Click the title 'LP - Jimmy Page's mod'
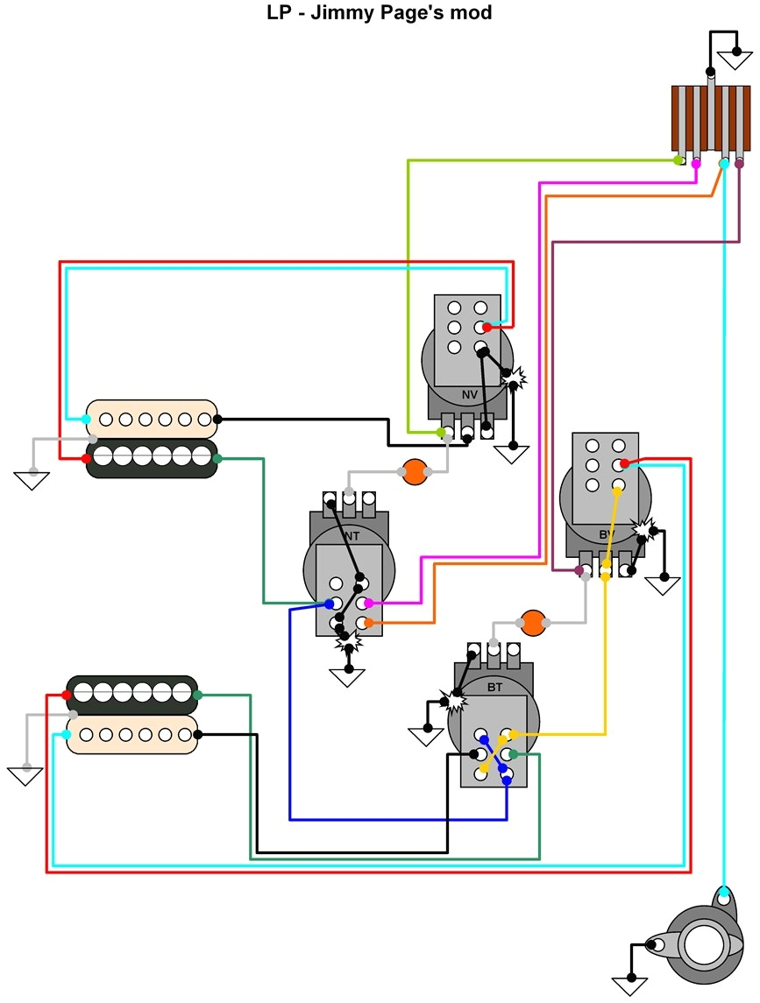(379, 13)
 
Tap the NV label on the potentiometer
(470, 394)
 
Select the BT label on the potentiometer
(494, 688)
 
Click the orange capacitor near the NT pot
(414, 472)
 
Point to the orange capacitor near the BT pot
(532, 623)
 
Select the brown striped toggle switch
(710, 117)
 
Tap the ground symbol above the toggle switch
(734, 60)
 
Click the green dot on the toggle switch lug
(678, 160)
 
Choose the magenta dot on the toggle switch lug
(696, 163)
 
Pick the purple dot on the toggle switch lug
(739, 163)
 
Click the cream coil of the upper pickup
(152, 419)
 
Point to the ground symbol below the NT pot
(348, 676)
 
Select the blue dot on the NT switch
(329, 604)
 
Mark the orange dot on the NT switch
(368, 623)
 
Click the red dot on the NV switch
(487, 328)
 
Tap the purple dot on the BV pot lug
(579, 571)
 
